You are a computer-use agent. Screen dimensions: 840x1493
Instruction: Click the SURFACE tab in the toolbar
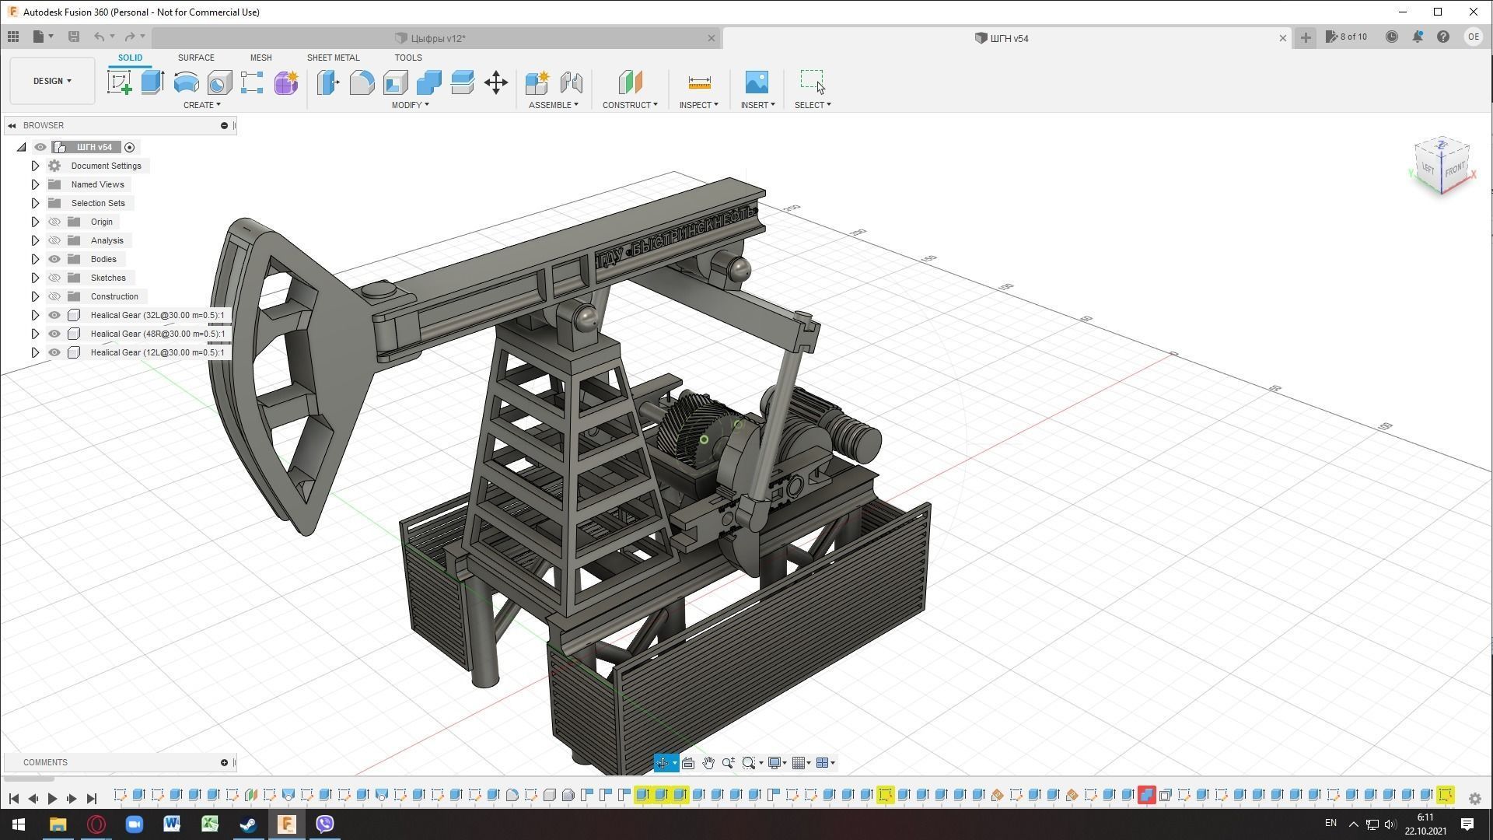pos(196,58)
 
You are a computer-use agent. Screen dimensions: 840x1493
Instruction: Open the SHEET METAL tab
pos(333,58)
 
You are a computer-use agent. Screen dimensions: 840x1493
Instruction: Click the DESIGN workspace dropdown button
pos(52,81)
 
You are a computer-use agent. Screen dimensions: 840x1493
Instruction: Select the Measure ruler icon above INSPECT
pos(699,82)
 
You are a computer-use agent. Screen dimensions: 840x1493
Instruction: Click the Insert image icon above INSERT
pos(757,82)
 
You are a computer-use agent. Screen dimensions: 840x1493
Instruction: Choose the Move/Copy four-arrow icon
pos(496,82)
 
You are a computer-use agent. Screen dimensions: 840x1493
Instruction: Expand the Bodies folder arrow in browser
pos(35,259)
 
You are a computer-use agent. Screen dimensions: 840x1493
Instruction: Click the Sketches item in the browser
pos(108,278)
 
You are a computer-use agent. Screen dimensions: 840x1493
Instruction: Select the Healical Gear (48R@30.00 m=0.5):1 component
pos(157,334)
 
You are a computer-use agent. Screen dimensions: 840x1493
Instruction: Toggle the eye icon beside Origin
pos(54,222)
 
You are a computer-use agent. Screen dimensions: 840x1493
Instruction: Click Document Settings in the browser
pos(106,166)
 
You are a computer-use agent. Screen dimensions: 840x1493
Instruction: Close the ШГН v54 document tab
pos(1283,38)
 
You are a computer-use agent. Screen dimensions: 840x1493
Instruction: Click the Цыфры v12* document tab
pos(438,38)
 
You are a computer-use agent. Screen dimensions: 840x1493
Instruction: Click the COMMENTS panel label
pos(45,762)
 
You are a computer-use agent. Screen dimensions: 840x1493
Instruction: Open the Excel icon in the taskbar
pos(210,824)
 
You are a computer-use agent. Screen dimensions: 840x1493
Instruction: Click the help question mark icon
pos(1443,37)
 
